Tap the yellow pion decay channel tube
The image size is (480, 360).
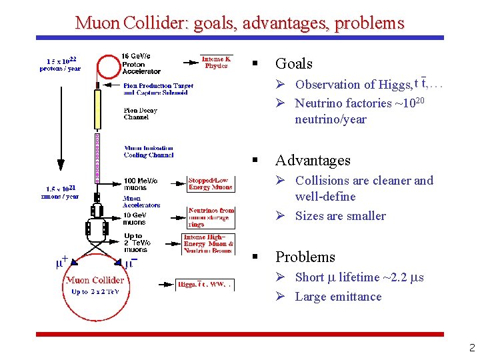(x=97, y=109)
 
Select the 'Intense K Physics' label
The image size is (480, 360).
(x=216, y=62)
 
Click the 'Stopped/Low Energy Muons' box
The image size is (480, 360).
(x=210, y=183)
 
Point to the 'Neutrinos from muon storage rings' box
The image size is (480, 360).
(x=211, y=217)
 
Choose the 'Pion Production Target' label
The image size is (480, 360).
(x=158, y=89)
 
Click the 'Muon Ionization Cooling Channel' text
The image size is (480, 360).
(x=148, y=151)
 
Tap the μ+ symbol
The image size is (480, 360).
(x=61, y=261)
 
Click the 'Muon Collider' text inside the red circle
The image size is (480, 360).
(x=95, y=280)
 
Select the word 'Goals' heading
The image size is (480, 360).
(x=293, y=63)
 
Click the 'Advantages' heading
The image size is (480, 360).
(x=312, y=160)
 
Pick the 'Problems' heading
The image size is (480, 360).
(x=305, y=257)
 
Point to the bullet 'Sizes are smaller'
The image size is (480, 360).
(x=340, y=215)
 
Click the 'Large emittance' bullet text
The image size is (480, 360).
(x=338, y=297)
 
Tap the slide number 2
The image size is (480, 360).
(x=471, y=347)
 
